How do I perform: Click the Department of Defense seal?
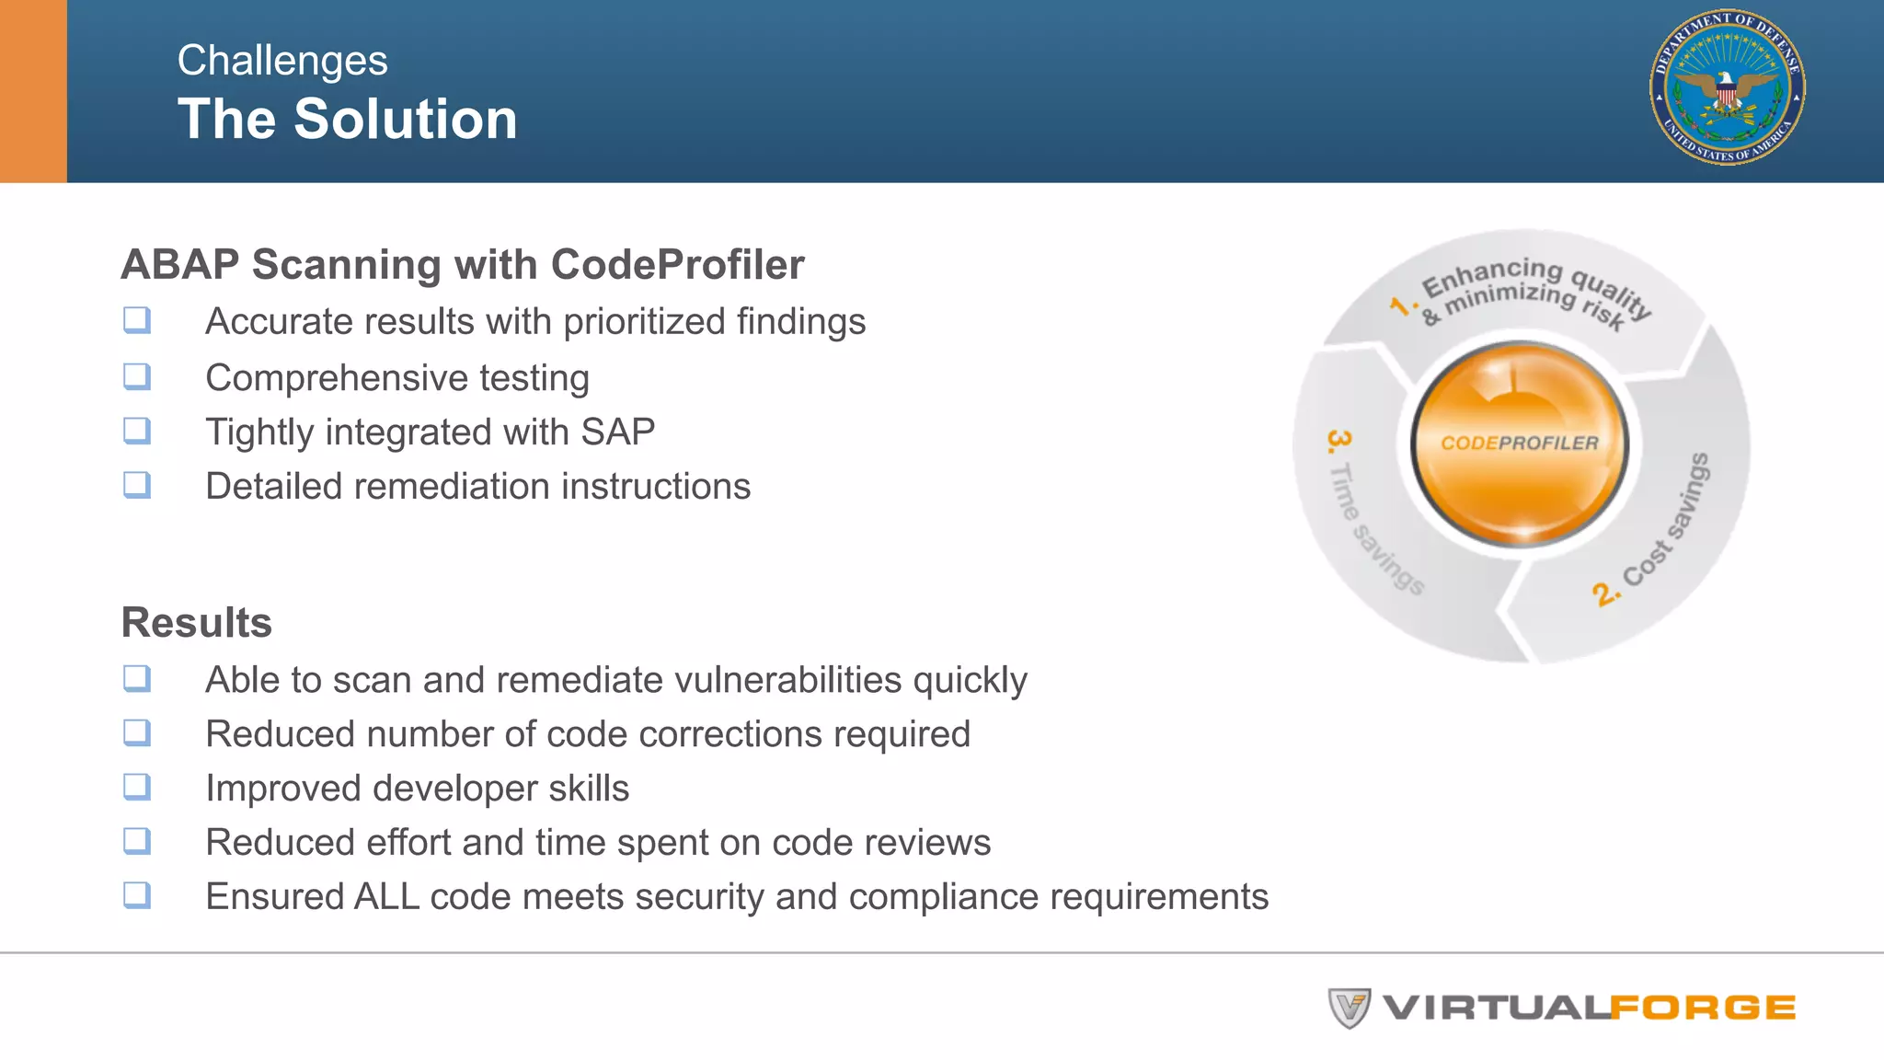[x=1727, y=87]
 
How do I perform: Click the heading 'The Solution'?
[x=348, y=120]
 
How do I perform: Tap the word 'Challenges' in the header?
[x=282, y=61]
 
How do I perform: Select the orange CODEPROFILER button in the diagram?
[x=1519, y=444]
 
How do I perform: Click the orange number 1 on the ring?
[x=1401, y=305]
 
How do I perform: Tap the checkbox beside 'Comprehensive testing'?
[x=137, y=376]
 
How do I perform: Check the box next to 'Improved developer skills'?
[x=137, y=787]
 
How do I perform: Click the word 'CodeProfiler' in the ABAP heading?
[x=677, y=265]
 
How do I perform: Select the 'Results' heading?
[x=197, y=623]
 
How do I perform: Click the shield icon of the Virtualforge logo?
[x=1350, y=1008]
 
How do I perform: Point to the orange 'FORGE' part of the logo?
[x=1703, y=1008]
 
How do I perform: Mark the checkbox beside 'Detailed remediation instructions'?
[x=137, y=485]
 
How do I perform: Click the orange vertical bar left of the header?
[x=33, y=91]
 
